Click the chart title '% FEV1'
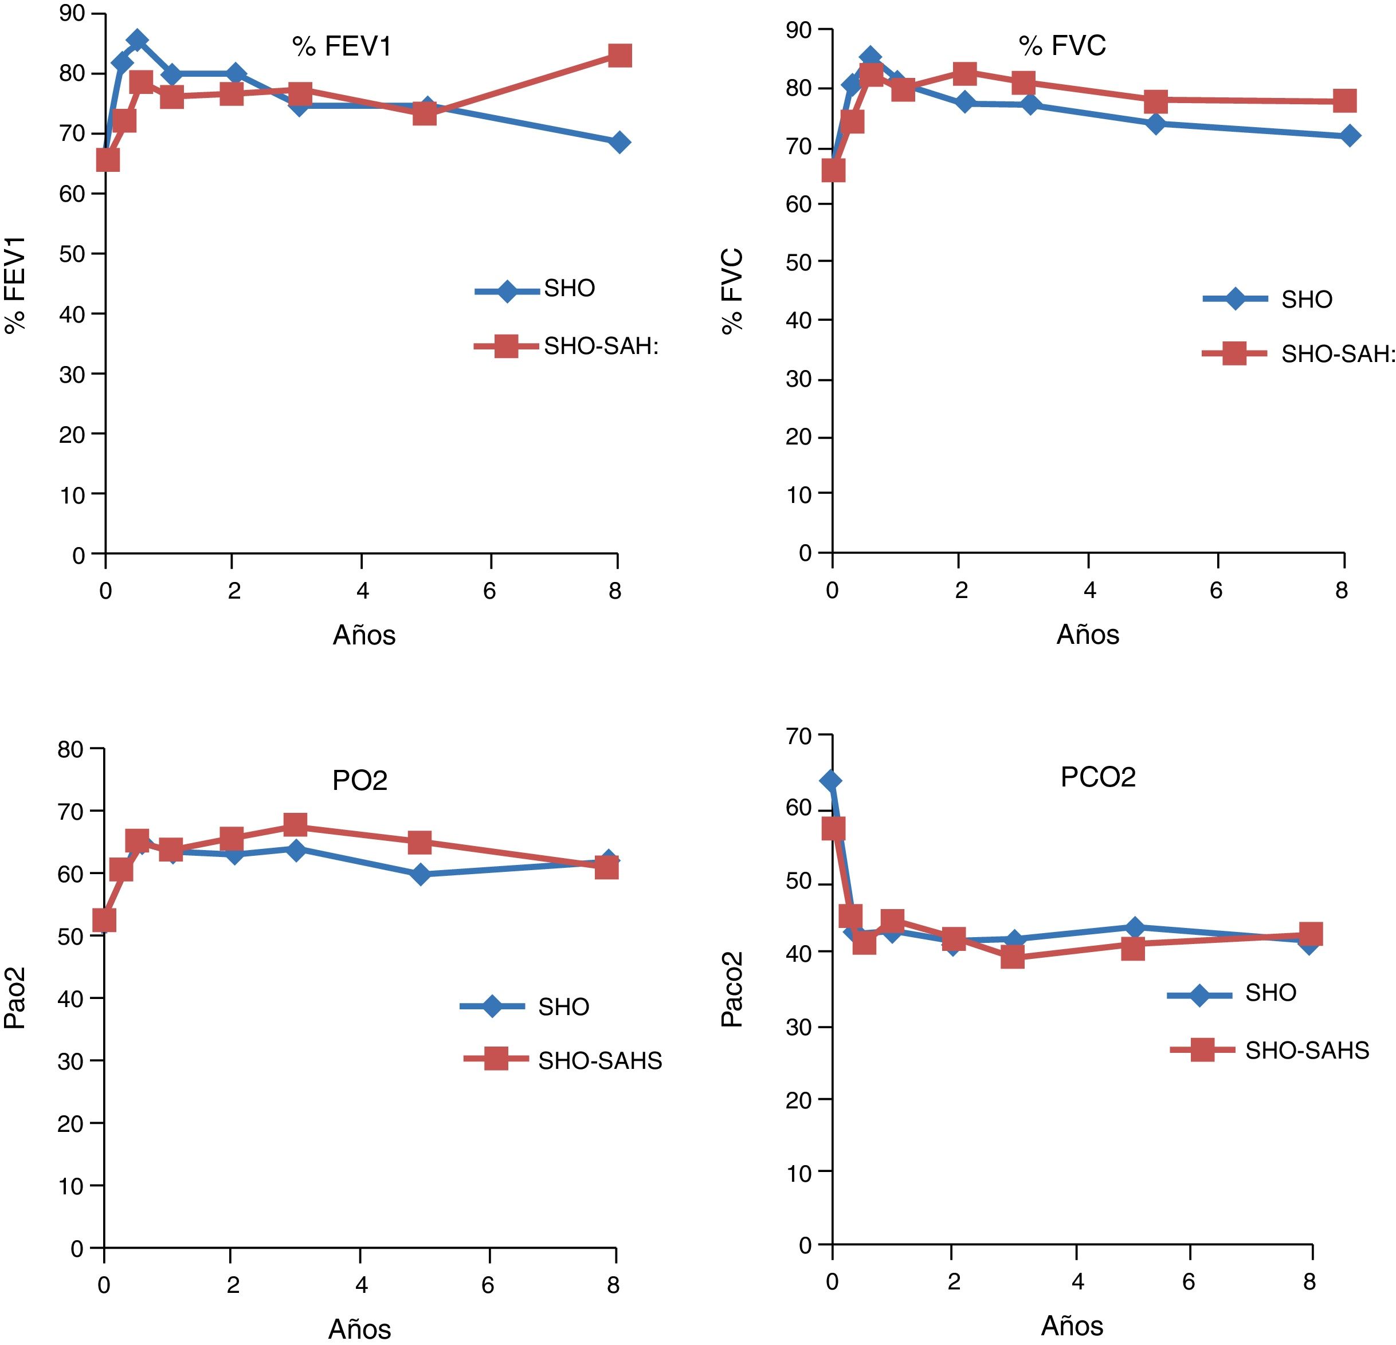(342, 47)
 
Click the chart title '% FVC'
(1062, 46)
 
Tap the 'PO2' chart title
(360, 781)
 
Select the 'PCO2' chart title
(1097, 777)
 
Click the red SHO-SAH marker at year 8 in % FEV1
(619, 56)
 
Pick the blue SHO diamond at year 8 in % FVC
(1349, 135)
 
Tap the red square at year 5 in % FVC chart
(1156, 101)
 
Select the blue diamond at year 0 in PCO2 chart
(830, 781)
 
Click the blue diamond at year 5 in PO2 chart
(420, 874)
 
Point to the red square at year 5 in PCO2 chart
(1132, 949)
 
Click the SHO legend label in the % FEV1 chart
(569, 288)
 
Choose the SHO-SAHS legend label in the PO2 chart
(599, 1061)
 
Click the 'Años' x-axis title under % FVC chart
(1088, 635)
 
